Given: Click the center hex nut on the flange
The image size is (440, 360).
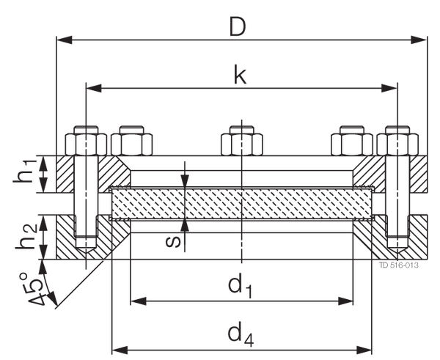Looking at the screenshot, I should (x=241, y=140).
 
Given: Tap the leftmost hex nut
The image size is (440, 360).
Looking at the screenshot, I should (x=84, y=142).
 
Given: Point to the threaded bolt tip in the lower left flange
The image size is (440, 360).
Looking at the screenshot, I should (x=87, y=242).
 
